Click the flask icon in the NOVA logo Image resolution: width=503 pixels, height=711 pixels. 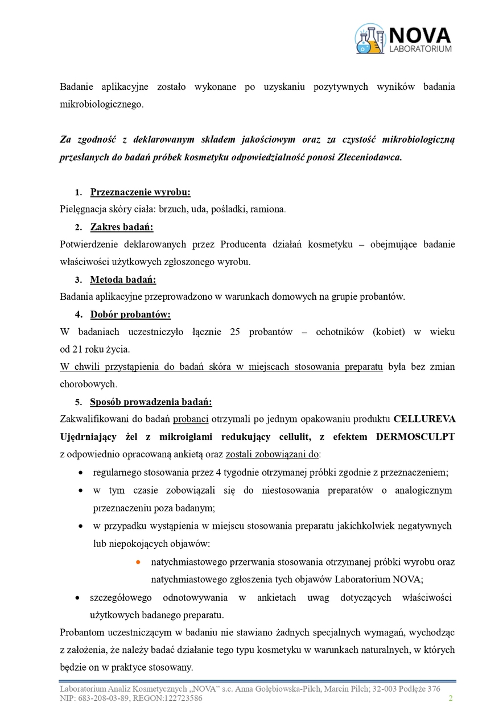[370, 39]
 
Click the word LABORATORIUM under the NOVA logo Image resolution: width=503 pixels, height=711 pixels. [420, 49]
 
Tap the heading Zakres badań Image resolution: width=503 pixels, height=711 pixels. [122, 228]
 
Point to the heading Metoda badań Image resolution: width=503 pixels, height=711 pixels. [123, 280]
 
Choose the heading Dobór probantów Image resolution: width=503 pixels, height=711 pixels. [130, 315]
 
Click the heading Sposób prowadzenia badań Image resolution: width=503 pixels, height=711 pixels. [151, 402]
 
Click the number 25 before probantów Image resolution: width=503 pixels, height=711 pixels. [235, 332]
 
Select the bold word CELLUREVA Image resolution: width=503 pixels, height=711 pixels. [424, 420]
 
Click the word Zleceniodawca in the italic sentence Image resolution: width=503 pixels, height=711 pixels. [373, 157]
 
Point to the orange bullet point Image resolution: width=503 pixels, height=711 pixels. [138, 562]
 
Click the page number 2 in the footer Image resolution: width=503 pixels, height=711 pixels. [451, 698]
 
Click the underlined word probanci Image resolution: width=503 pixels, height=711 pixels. [191, 420]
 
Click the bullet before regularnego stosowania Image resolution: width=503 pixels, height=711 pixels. [81, 473]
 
